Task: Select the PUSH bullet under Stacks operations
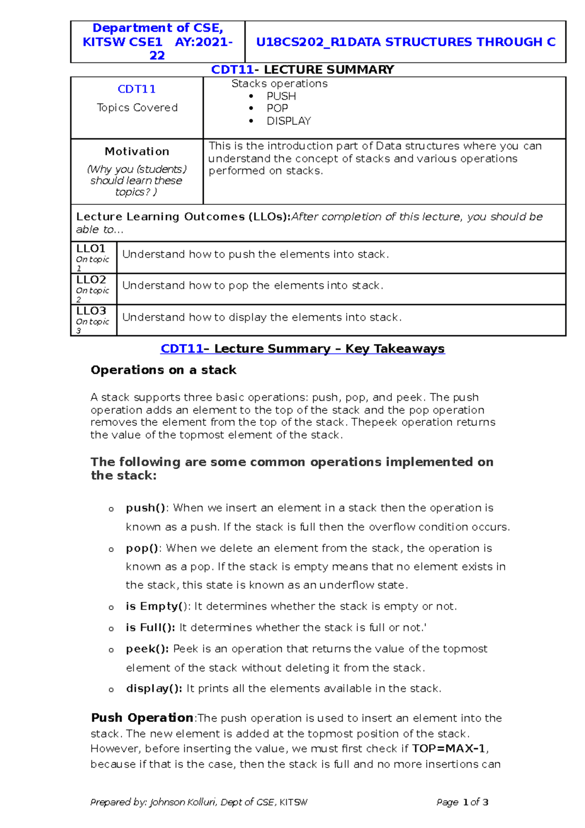[x=281, y=96]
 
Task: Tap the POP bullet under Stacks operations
[x=277, y=108]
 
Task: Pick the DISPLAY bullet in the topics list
[x=288, y=121]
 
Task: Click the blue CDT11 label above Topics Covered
[x=136, y=89]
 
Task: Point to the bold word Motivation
[x=137, y=151]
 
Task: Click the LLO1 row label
[x=91, y=249]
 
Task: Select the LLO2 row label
[x=91, y=280]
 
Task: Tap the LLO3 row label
[x=91, y=311]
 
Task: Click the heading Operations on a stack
[x=163, y=370]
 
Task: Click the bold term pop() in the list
[x=142, y=549]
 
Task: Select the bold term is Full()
[x=150, y=628]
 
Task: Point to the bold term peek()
[x=147, y=649]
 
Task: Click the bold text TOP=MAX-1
[x=448, y=749]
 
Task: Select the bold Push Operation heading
[x=142, y=718]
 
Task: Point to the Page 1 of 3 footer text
[x=462, y=802]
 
